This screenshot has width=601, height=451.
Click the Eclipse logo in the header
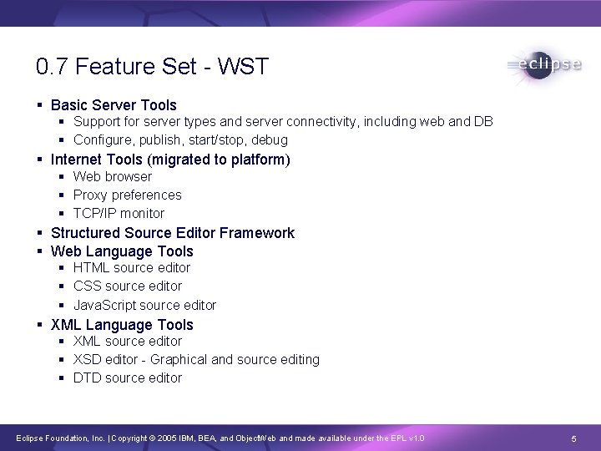(x=543, y=66)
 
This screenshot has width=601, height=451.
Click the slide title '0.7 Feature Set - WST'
(x=153, y=67)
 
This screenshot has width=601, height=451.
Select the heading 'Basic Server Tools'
(x=114, y=105)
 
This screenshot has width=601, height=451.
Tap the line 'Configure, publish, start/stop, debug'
(x=180, y=140)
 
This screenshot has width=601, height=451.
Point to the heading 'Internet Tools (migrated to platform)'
(x=170, y=159)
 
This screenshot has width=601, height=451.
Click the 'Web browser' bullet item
(x=113, y=177)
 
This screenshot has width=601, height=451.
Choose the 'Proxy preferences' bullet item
(x=127, y=195)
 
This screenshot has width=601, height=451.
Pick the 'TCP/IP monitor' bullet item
(x=119, y=214)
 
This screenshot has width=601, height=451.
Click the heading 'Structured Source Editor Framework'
(x=173, y=233)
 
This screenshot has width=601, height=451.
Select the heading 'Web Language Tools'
(x=122, y=251)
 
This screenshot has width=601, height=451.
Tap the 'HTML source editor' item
(x=132, y=268)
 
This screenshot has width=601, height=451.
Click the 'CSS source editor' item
(x=127, y=286)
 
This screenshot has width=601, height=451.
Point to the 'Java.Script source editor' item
(x=144, y=306)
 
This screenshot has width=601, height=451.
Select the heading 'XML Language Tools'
(x=122, y=325)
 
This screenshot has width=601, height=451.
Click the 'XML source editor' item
(x=127, y=342)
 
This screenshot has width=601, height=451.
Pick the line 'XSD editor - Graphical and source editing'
(x=196, y=360)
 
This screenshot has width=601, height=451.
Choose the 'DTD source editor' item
(x=127, y=378)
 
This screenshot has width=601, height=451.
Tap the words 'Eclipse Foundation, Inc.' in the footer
(x=55, y=438)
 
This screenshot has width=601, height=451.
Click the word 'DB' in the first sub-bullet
(x=483, y=122)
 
